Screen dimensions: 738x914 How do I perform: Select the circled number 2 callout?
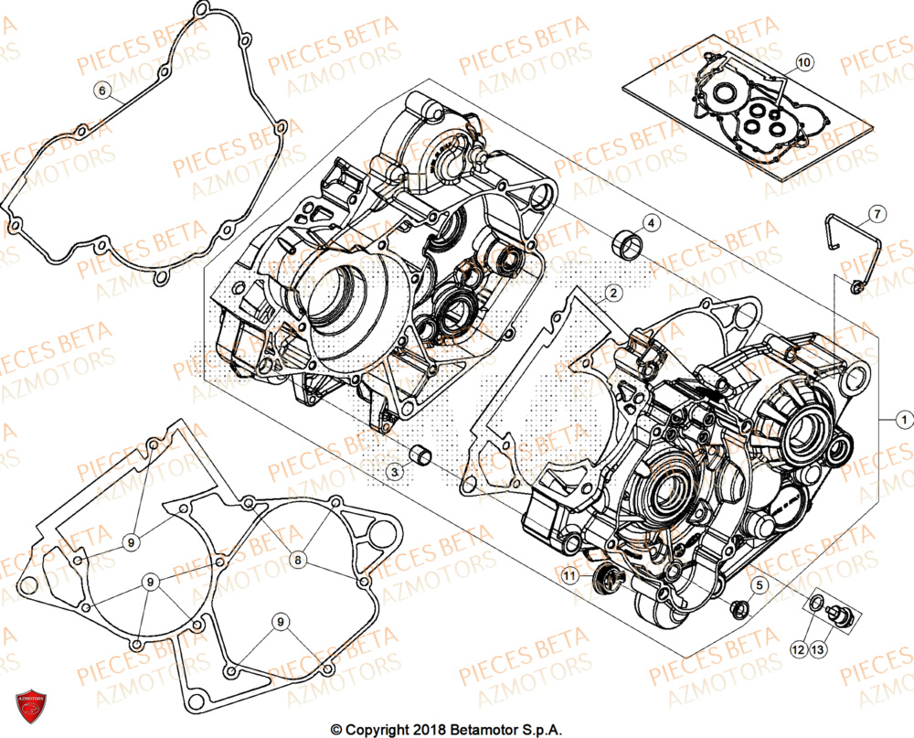[613, 293]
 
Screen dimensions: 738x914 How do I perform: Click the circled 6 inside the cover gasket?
[102, 90]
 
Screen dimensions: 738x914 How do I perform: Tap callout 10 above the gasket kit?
[802, 62]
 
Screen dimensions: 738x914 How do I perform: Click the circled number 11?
[570, 576]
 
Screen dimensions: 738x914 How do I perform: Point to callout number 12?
[798, 649]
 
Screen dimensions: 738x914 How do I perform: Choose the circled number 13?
[817, 649]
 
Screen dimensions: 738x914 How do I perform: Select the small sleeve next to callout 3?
[421, 454]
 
